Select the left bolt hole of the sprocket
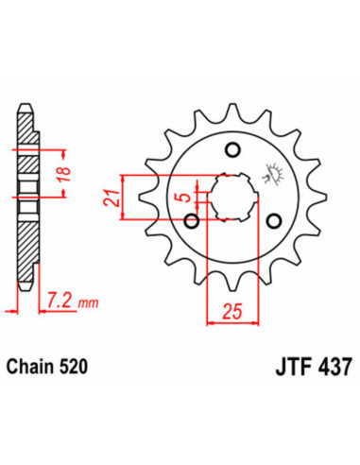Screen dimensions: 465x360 point(192,222)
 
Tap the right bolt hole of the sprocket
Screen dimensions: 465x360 point(275,221)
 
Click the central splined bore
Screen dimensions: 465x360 point(232,197)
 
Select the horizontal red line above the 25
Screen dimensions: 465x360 point(232,322)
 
